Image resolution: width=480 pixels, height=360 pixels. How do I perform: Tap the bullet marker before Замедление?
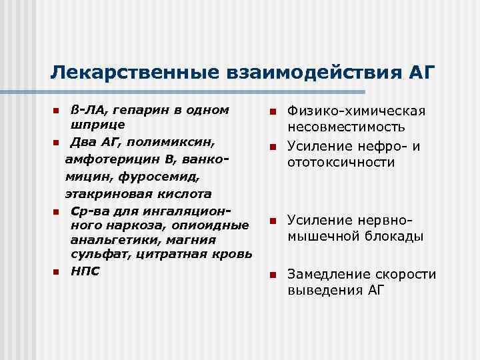point(271,275)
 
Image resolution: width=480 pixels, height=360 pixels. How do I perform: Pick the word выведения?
point(321,291)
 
